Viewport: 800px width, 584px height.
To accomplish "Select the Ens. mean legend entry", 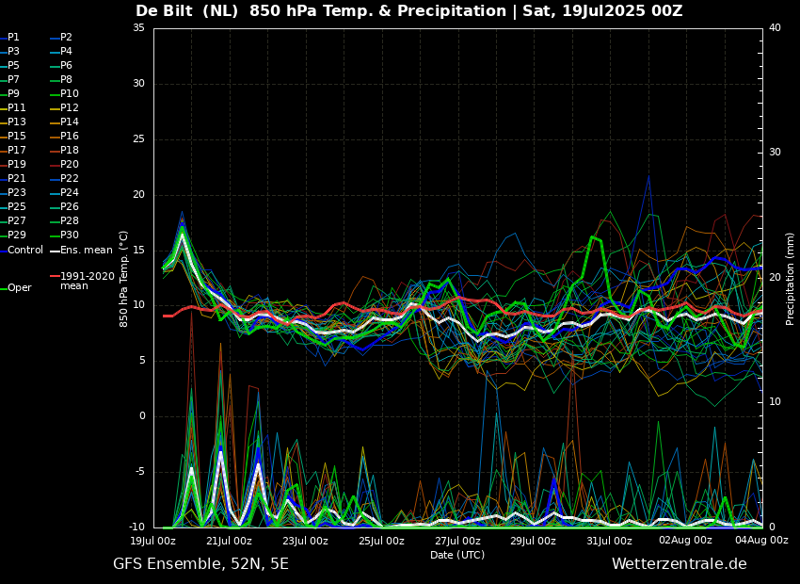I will pos(86,251).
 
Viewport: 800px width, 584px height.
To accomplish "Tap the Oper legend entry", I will pos(20,288).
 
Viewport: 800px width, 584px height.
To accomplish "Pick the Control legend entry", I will pos(25,251).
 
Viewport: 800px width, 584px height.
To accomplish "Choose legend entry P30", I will pos(70,235).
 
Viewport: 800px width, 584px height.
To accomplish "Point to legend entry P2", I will pos(66,38).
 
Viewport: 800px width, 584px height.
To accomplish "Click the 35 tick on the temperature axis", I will pos(138,28).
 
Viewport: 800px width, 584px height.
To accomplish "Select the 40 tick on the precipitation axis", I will pos(775,28).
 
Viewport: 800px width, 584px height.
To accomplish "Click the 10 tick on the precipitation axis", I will pos(775,402).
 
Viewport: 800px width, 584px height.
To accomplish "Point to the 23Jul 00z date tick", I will pos(305,541).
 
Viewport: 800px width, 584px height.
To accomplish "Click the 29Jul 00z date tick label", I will pos(533,541).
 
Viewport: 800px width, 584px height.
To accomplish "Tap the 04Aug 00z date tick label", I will pos(761,541).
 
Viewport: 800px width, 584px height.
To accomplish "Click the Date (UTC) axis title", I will pos(457,555).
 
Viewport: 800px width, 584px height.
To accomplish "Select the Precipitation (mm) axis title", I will pos(791,279).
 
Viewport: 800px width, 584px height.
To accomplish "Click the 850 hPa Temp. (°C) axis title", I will pos(123,278).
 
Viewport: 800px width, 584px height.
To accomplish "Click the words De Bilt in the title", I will pos(164,11).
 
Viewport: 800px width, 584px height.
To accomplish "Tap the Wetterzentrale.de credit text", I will pos(679,564).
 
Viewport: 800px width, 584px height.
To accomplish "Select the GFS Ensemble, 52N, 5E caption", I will pos(200,564).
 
